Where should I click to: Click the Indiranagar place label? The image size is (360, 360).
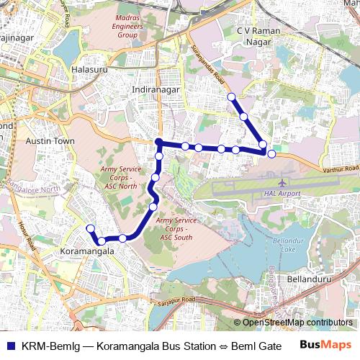click(x=156, y=89)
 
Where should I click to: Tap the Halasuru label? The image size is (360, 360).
click(x=89, y=70)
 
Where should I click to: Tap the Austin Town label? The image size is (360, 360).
click(x=50, y=142)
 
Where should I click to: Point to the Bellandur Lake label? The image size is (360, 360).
click(x=288, y=246)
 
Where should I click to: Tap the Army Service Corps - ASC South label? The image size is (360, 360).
click(x=174, y=229)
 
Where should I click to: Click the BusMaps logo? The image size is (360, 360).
click(x=326, y=344)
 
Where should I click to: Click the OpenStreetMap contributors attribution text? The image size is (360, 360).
click(x=297, y=323)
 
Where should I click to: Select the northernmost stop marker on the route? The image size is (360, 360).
click(x=231, y=96)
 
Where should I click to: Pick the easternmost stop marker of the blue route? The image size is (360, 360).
click(x=271, y=153)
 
